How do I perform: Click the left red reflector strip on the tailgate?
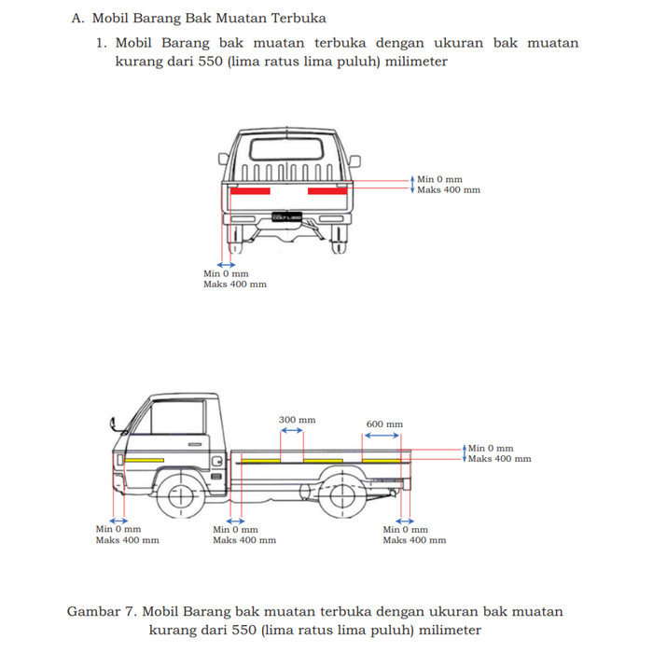point(251,191)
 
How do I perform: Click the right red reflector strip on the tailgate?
point(326,191)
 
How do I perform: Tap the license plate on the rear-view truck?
point(286,217)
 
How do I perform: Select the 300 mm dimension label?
point(298,421)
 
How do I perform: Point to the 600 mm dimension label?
point(384,424)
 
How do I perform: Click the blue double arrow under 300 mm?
point(298,432)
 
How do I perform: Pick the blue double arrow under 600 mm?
point(383,436)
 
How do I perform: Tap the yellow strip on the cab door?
point(145,461)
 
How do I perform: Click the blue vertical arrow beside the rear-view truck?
point(411,184)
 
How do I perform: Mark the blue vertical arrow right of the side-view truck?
point(464,453)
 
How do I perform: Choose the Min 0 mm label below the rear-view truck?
point(226,273)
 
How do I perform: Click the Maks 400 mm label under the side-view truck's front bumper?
point(127,540)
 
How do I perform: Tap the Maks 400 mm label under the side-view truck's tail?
point(414,540)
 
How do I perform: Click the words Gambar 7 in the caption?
point(102,612)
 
